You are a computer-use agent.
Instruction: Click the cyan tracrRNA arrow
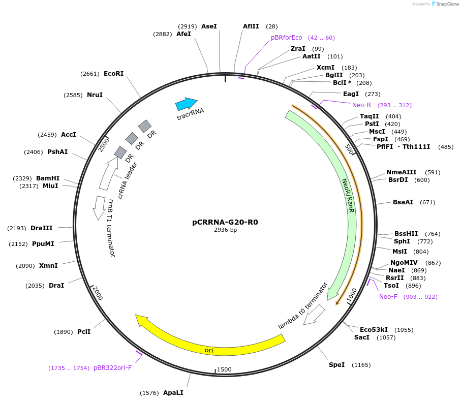point(186,104)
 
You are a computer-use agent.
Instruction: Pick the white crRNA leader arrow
point(108,173)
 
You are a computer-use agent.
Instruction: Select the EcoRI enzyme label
point(113,74)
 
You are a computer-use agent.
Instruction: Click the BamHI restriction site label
point(48,178)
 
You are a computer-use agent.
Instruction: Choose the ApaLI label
point(173,393)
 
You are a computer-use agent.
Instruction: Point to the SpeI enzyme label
point(336,365)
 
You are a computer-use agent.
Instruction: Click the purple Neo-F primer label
point(388,297)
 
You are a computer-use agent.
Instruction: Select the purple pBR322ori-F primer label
point(112,367)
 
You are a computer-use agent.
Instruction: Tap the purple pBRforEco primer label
point(286,38)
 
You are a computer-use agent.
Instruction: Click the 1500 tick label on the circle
point(224,369)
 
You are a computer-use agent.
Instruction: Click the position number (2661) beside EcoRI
point(90,74)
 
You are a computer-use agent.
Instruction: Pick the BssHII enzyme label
point(406,234)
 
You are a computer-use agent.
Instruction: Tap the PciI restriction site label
point(84,332)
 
